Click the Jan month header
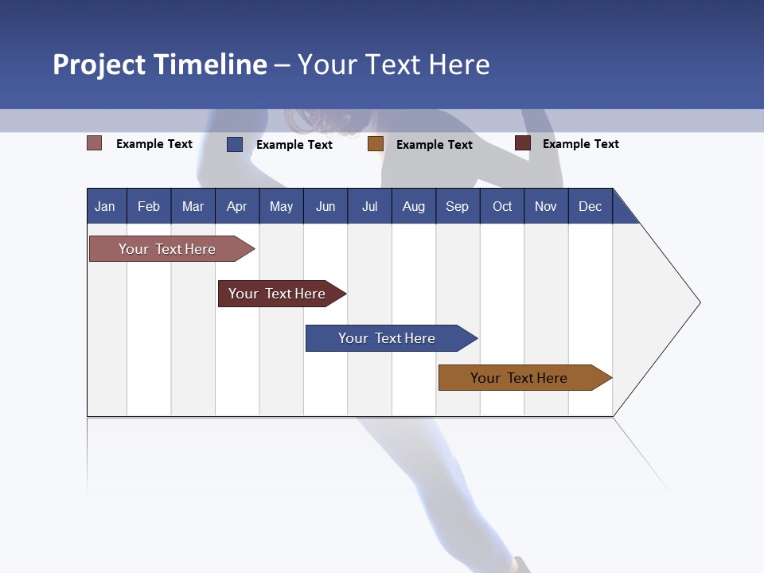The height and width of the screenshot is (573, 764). click(106, 206)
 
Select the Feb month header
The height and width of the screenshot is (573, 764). click(149, 206)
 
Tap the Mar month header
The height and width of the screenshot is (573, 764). click(193, 206)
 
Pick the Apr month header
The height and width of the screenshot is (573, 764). click(237, 206)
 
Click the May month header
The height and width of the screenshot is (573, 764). click(281, 206)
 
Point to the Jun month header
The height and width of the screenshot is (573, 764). click(325, 206)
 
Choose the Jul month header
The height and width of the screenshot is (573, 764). click(369, 206)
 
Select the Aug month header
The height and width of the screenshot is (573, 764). click(414, 206)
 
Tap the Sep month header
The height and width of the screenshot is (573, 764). click(458, 206)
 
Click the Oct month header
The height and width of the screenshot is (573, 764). click(502, 206)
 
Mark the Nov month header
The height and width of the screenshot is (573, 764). click(546, 206)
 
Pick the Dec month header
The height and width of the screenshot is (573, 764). click(591, 206)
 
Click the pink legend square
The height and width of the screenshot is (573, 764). click(95, 143)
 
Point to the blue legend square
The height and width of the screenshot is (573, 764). click(235, 144)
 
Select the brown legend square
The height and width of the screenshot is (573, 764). click(376, 144)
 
